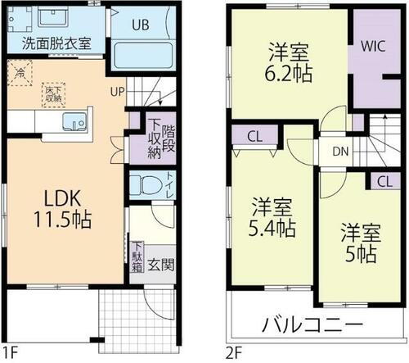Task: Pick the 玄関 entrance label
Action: tap(160, 265)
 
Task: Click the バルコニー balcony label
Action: tap(312, 324)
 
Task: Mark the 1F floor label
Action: tap(10, 353)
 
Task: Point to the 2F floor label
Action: tap(234, 353)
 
